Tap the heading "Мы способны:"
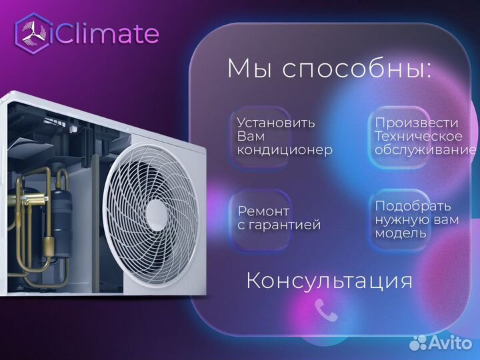(x=329, y=69)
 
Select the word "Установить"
(x=276, y=123)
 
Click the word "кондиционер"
(x=285, y=151)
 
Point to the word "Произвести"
(x=417, y=123)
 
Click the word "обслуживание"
(x=425, y=151)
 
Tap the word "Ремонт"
(x=264, y=211)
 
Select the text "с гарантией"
(x=279, y=225)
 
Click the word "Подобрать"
(x=413, y=206)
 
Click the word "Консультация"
(x=329, y=280)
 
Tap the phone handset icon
(x=327, y=309)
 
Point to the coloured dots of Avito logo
(x=418, y=343)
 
